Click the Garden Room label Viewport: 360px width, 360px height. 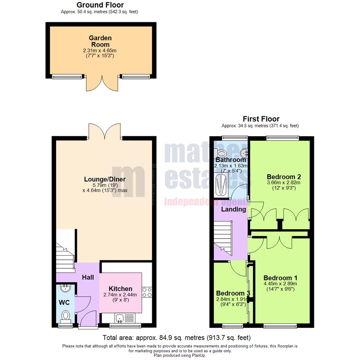pyautogui.click(x=100, y=41)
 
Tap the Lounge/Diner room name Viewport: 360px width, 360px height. pyautogui.click(x=105, y=179)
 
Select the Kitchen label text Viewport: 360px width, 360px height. pyautogui.click(x=120, y=289)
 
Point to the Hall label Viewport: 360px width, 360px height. pyautogui.click(x=88, y=277)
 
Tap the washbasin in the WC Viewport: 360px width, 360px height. pyautogui.click(x=65, y=287)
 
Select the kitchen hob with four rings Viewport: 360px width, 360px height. pyautogui.click(x=147, y=292)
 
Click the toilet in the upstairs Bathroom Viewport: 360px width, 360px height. pyautogui.click(x=221, y=153)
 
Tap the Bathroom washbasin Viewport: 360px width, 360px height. pyautogui.click(x=245, y=153)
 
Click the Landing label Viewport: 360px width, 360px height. pyautogui.click(x=234, y=209)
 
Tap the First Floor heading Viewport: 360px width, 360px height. pyautogui.click(x=261, y=119)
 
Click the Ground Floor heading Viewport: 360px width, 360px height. pyautogui.click(x=100, y=5)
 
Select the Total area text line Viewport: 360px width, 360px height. pyautogui.click(x=176, y=337)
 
